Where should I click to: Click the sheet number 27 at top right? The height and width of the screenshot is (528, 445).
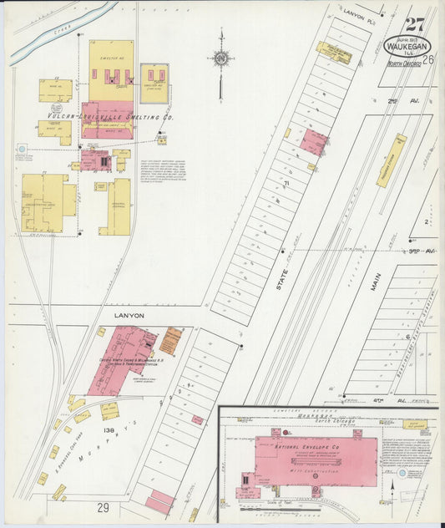pyautogui.click(x=414, y=25)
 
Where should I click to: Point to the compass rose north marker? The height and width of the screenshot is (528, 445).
pyautogui.click(x=220, y=58)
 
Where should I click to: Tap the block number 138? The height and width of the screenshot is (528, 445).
pyautogui.click(x=109, y=429)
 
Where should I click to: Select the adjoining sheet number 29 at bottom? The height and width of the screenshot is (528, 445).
pyautogui.click(x=103, y=507)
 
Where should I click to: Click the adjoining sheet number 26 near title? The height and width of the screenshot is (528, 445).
pyautogui.click(x=427, y=59)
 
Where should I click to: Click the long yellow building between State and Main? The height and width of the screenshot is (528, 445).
pyautogui.click(x=390, y=160)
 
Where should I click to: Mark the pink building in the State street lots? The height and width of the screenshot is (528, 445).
pyautogui.click(x=314, y=141)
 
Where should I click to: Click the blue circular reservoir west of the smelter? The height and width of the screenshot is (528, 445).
pyautogui.click(x=21, y=150)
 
